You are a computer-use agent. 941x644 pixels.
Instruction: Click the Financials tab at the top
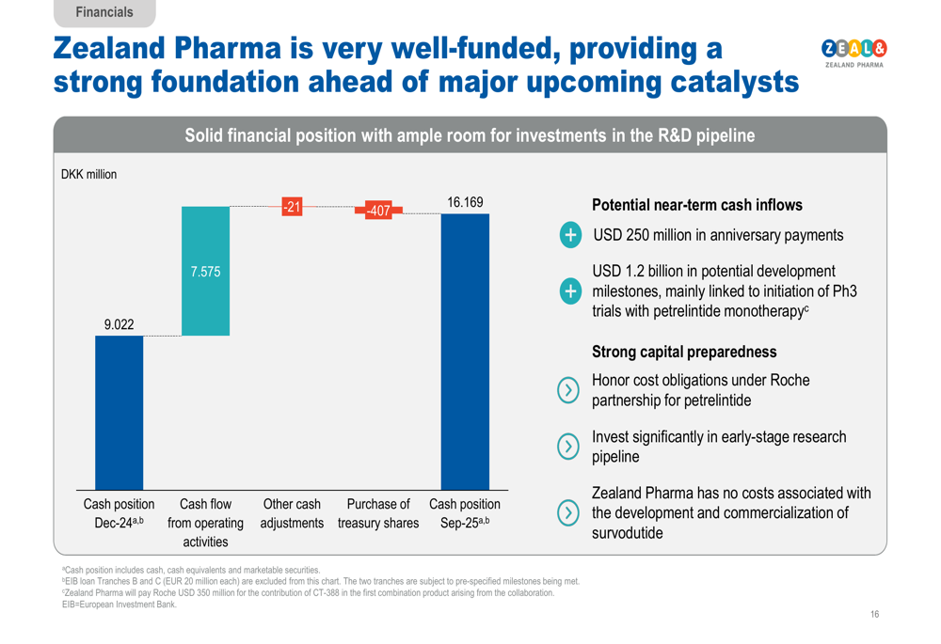coord(104,12)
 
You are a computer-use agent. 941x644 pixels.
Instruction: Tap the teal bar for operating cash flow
coord(205,271)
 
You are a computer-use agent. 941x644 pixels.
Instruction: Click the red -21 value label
coord(294,207)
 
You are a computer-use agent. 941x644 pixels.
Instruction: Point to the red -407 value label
coord(378,211)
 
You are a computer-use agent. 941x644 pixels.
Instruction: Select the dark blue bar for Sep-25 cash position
coord(465,352)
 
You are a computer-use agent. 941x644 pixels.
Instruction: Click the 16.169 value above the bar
coord(465,202)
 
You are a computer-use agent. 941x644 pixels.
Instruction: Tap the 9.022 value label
coord(119,324)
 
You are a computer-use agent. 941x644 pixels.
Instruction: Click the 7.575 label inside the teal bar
coord(205,272)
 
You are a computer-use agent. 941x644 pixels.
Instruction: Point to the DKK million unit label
coord(89,174)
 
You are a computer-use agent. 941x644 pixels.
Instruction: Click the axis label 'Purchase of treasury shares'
coord(378,513)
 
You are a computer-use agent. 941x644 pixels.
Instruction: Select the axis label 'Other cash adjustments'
coord(292,513)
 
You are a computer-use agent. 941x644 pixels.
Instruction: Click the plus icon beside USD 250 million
coord(570,235)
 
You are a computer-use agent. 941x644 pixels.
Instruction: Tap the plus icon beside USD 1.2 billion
coord(570,291)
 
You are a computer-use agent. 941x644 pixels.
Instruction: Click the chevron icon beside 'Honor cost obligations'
coord(568,390)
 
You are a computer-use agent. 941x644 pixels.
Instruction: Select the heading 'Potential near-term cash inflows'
coord(697,205)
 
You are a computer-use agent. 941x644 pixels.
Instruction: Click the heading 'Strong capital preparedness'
coord(684,352)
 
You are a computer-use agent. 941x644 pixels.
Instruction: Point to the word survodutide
coord(627,533)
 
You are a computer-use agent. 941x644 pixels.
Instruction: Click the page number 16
coord(874,614)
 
